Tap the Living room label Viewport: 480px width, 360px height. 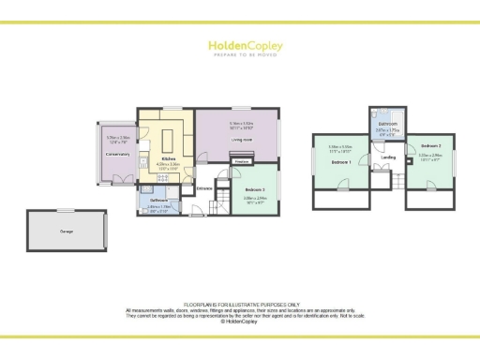pos(242,140)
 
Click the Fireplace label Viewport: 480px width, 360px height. pos(241,161)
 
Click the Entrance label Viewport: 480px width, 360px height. pos(203,188)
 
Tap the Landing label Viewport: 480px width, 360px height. pos(388,157)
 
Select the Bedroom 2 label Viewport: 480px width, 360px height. pos(430,147)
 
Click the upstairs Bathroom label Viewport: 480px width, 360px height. pos(387,124)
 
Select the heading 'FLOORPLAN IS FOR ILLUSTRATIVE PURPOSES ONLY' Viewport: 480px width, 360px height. pos(240,304)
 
